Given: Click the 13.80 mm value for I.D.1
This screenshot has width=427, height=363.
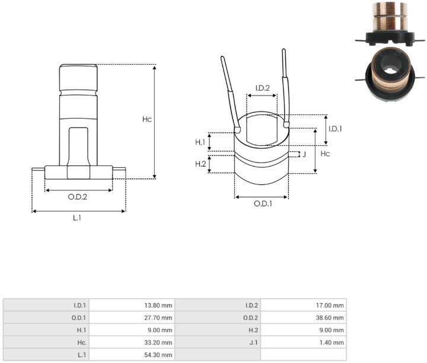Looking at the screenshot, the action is tap(158, 305).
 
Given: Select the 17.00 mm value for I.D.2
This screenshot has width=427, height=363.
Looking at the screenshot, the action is tap(330, 305).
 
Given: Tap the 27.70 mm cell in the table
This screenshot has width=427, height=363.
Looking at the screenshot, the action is tap(158, 318).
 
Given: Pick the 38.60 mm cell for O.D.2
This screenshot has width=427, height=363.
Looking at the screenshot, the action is tap(330, 318).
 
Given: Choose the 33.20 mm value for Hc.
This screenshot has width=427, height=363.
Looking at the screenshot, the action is tap(158, 343).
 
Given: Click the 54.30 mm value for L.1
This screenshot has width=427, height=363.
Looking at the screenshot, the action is tap(158, 355).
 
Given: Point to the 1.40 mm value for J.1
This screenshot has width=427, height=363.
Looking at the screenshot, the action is tap(332, 343).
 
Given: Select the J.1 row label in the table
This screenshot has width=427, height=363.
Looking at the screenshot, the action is tap(254, 343).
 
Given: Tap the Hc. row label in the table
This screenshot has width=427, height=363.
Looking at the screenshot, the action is tap(82, 343).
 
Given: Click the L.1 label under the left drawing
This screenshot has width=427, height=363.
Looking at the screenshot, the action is tap(77, 218).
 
